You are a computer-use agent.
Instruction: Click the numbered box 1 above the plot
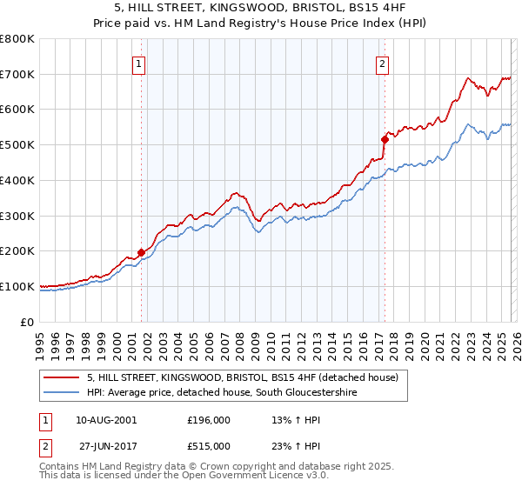[139, 62]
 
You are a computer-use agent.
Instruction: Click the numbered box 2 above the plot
[383, 62]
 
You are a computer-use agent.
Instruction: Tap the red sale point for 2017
[384, 139]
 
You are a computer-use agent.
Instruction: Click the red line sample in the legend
[63, 378]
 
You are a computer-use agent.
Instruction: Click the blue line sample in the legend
[63, 393]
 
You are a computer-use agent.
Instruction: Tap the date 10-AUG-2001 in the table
[106, 420]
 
